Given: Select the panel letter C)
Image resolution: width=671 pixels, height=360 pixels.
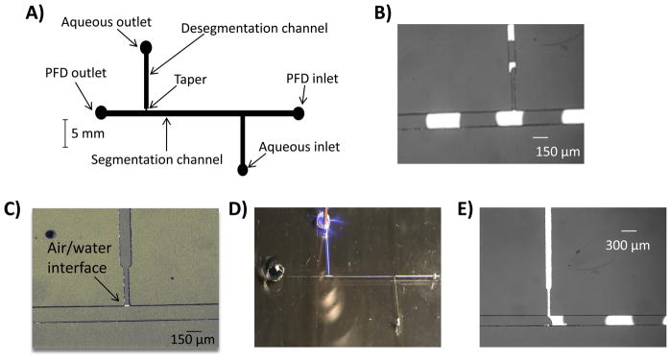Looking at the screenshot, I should click(x=13, y=208).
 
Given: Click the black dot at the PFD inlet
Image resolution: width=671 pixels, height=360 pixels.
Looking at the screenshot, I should click(x=299, y=113).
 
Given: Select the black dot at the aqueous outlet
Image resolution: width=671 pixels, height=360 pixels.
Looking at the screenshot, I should click(x=146, y=46).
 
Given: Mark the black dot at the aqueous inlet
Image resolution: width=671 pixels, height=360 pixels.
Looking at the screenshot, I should click(x=243, y=170).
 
